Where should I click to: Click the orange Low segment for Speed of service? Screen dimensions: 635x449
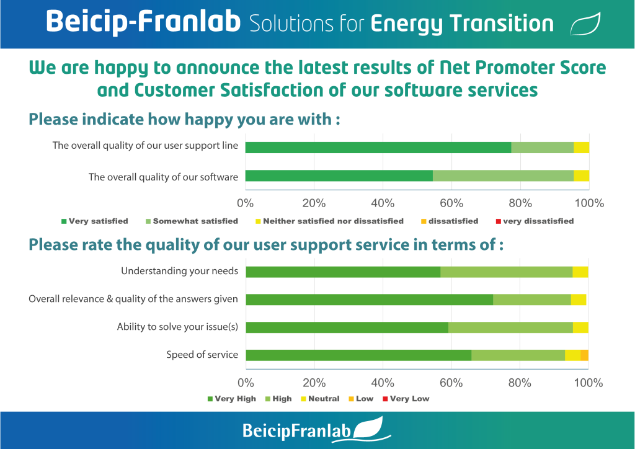coord(584,355)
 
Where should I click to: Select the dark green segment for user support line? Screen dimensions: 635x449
coord(378,148)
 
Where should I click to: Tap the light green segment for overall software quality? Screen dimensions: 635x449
coord(504,176)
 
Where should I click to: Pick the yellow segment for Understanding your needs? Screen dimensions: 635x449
coord(580,272)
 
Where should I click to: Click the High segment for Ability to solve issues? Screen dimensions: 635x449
coord(511,327)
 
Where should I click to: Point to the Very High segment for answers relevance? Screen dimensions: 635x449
coord(370,300)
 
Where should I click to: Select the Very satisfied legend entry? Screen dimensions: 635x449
coord(94,221)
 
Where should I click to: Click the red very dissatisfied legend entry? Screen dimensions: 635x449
coord(535,221)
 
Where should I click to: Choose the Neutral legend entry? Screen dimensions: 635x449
coord(320,399)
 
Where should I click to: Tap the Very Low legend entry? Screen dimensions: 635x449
coord(406,399)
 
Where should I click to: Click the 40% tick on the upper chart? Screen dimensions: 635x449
coord(383,203)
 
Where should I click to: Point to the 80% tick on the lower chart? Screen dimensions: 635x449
coord(520,383)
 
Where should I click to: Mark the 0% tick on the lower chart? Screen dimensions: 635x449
coord(246,383)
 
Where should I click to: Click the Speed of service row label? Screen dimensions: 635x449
coord(202,355)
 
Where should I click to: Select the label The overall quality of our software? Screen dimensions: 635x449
coord(163,177)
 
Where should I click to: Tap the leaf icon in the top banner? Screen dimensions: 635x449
coord(585,24)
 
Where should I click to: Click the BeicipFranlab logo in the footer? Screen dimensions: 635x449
coord(317,430)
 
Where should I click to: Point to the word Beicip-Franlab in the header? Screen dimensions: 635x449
coord(143,22)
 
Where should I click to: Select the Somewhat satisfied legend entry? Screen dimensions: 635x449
coord(192,221)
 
